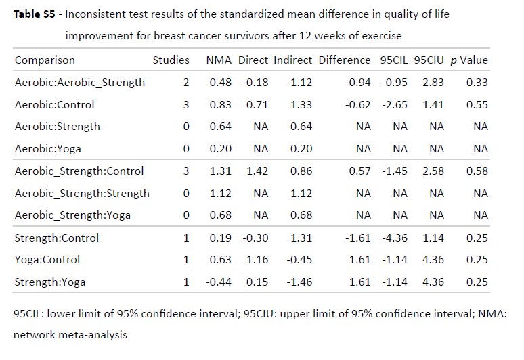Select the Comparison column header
click(45, 60)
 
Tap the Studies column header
click(171, 60)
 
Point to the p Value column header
click(469, 60)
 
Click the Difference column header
click(345, 60)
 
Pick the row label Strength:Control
click(57, 238)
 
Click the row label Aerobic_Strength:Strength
click(82, 194)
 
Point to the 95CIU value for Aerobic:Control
click(433, 105)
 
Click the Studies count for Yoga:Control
click(185, 260)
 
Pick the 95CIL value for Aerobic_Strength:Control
click(396, 171)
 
